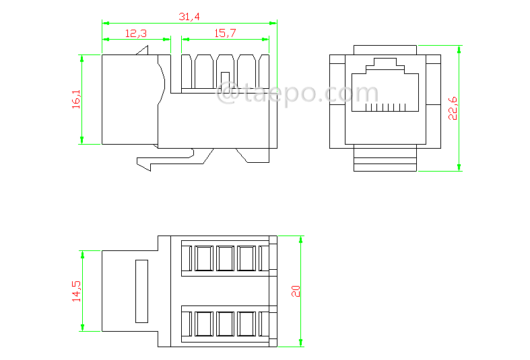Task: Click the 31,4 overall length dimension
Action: point(189,16)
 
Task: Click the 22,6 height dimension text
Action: point(453,108)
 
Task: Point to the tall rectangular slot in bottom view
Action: point(141,291)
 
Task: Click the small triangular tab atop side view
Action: point(143,51)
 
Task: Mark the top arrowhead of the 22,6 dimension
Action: point(459,50)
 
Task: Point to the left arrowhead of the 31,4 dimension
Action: point(106,23)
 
